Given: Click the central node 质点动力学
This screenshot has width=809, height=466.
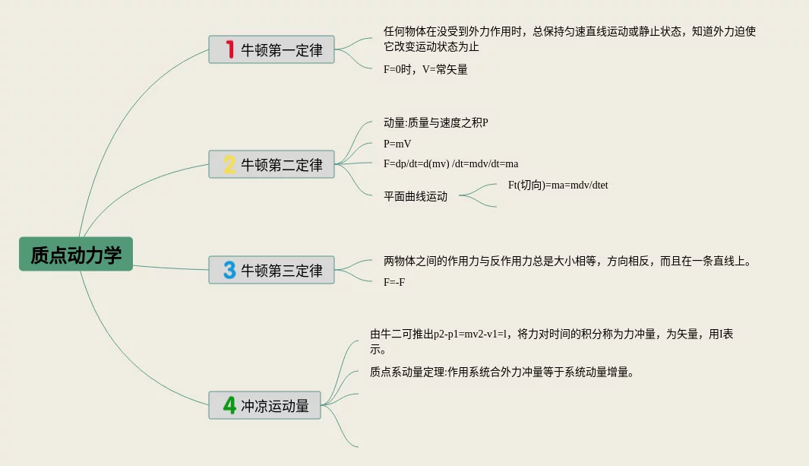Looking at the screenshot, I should pos(76,254).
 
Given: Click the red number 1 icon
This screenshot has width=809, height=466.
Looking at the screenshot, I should pos(229,50).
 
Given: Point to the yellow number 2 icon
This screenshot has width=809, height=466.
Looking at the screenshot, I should pos(229,164).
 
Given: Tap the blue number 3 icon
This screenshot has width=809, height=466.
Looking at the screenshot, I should pos(229,270).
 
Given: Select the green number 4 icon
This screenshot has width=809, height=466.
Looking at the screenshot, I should pos(229,406).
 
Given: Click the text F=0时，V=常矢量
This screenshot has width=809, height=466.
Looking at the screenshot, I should pos(425,69).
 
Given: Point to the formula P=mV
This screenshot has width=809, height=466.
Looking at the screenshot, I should pos(397,143).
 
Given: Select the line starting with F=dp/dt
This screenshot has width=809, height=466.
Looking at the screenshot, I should pos(450,163).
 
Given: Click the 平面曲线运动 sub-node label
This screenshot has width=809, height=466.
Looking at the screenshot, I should pos(416,196).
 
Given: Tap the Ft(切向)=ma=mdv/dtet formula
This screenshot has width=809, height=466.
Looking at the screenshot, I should pos(558,185).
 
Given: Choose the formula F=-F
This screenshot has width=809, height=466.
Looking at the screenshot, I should pos(394,282).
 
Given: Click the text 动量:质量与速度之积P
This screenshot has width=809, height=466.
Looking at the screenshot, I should pos(435,122).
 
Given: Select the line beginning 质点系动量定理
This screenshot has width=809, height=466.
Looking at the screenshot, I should pos(501,372).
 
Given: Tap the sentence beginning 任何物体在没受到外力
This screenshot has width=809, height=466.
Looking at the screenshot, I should pos(570,32).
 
